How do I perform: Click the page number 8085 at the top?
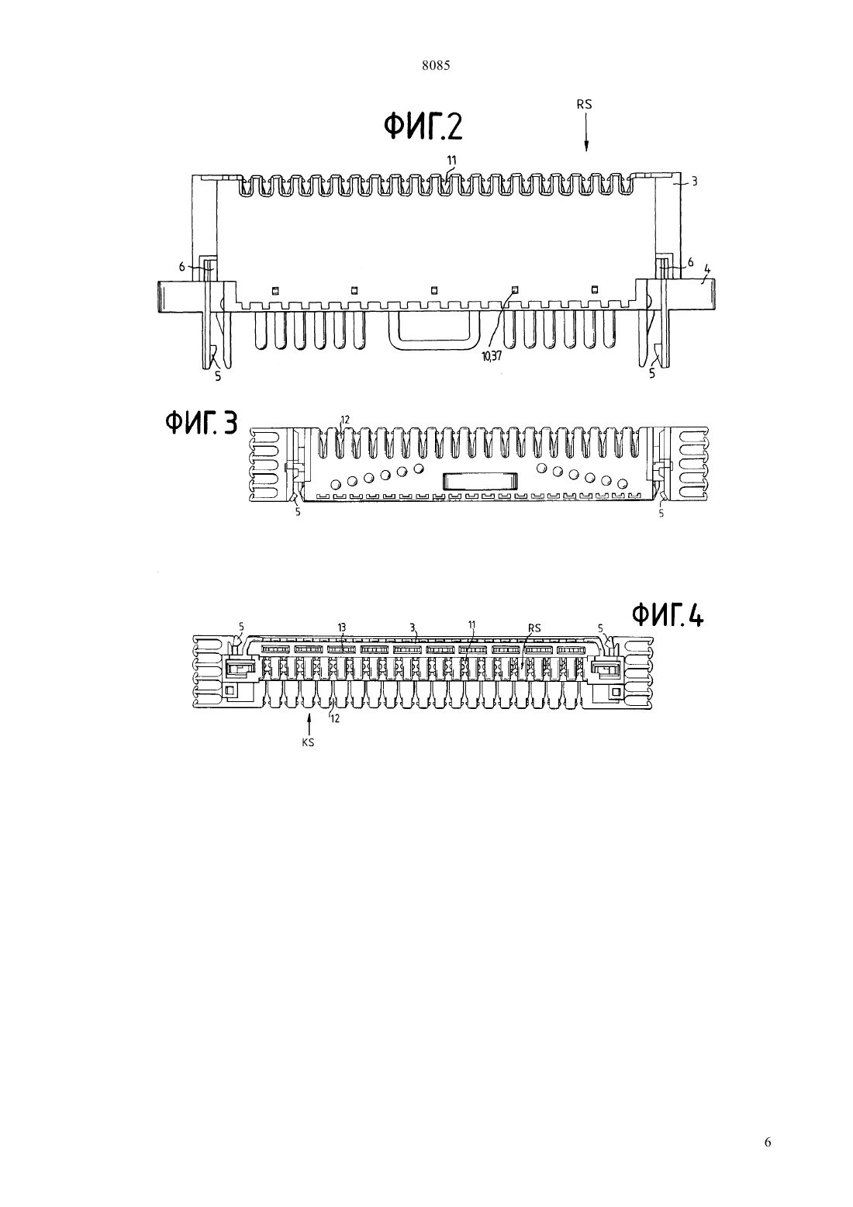click(x=436, y=66)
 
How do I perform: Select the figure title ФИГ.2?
click(x=423, y=128)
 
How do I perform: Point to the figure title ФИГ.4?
click(x=668, y=615)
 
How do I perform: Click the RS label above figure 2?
click(x=584, y=105)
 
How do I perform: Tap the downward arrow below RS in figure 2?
click(x=587, y=133)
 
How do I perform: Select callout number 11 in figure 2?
click(x=452, y=160)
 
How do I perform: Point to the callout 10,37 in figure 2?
click(x=492, y=356)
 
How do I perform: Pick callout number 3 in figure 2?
click(x=694, y=182)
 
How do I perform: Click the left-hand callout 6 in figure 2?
click(x=182, y=266)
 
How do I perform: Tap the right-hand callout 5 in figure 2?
click(x=652, y=373)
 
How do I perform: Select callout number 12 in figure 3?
click(x=346, y=420)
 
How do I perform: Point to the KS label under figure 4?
click(x=308, y=742)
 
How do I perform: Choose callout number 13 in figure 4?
click(x=341, y=628)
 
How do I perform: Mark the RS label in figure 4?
click(x=534, y=628)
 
